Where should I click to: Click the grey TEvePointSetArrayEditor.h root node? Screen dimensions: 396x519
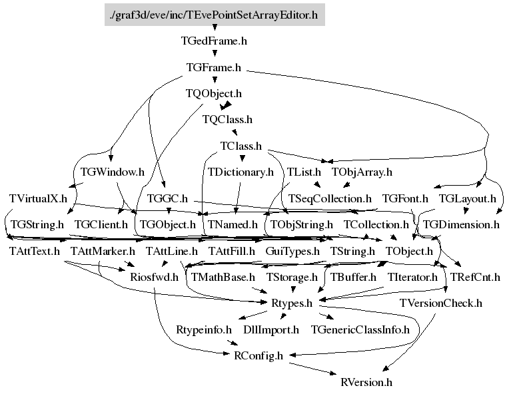(214, 13)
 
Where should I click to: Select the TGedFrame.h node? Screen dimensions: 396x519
(214, 41)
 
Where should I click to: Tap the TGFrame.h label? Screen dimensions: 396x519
(214, 67)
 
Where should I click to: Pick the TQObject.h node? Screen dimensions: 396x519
(214, 94)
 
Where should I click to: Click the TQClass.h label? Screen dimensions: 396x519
(227, 120)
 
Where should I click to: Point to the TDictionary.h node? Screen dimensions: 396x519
(241, 172)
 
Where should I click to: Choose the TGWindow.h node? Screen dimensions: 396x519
(112, 172)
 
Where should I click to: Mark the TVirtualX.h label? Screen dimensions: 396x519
(39, 198)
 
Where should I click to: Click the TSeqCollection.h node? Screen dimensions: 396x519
(330, 198)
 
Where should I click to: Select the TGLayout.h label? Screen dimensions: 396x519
(467, 198)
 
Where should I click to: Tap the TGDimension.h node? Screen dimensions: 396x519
(461, 225)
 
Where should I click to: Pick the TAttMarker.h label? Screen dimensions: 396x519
(103, 252)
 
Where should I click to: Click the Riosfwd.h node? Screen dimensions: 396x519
(154, 277)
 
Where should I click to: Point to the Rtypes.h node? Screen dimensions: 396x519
(291, 303)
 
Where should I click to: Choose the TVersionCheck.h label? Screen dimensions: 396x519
(440, 303)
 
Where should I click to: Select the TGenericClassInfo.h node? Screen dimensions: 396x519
(360, 329)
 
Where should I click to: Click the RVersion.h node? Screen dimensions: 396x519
(366, 382)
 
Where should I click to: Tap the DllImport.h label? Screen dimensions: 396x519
(271, 329)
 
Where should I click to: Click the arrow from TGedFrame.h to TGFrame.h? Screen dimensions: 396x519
(214, 54)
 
